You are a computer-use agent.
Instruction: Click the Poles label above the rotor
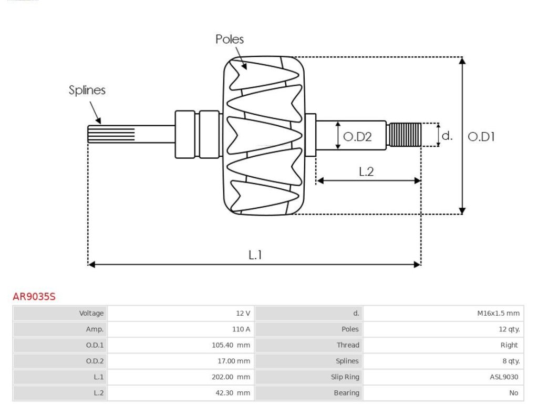(x=230, y=39)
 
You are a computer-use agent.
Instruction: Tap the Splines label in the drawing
(x=87, y=90)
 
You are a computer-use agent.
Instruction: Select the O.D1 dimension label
(x=481, y=137)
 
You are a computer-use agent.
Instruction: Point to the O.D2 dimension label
(x=357, y=137)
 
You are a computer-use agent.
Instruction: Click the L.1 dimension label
(x=255, y=255)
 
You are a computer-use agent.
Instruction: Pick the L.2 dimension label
(x=366, y=171)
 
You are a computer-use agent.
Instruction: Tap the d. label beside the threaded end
(x=447, y=136)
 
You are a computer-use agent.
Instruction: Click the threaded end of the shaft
(x=405, y=135)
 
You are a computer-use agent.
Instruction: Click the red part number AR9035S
(x=34, y=297)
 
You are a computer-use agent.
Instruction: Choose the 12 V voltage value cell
(x=243, y=314)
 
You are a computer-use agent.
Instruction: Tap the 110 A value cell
(x=241, y=329)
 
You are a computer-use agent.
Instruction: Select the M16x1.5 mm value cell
(x=498, y=314)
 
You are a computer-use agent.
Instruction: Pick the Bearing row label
(x=346, y=392)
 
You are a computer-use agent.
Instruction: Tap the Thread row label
(x=348, y=345)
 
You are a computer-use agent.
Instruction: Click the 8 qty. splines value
(x=509, y=361)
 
